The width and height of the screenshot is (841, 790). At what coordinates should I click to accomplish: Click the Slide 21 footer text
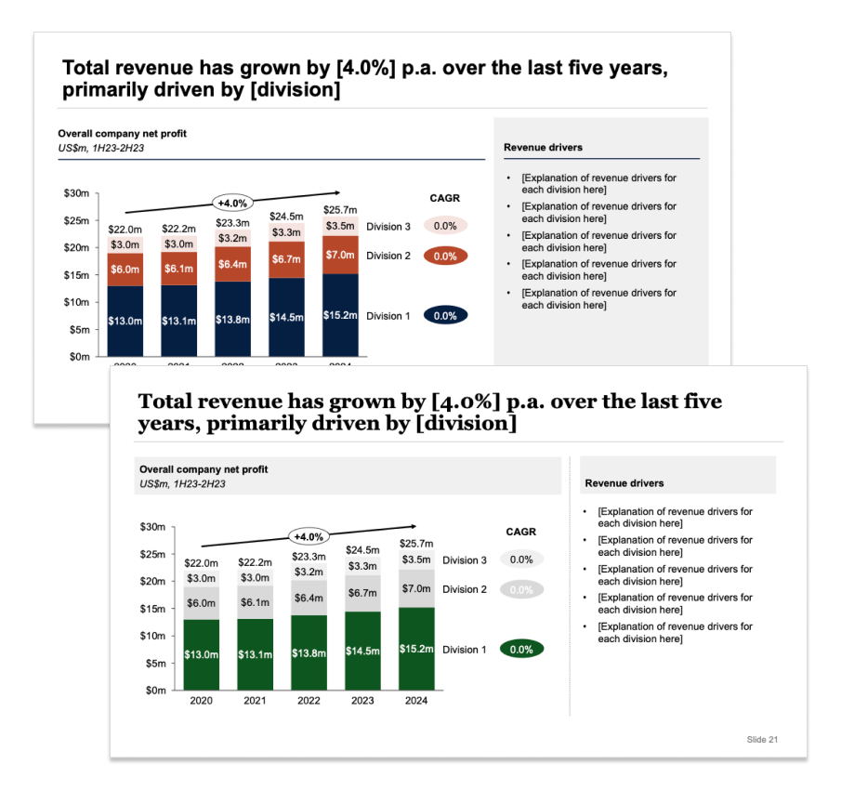(762, 739)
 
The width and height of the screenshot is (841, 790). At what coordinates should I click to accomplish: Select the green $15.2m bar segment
(416, 649)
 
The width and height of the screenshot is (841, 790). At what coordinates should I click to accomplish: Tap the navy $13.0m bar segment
(125, 321)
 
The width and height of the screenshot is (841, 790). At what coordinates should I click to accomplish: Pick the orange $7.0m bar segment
(340, 255)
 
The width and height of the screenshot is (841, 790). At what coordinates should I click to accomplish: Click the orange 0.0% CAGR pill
(445, 256)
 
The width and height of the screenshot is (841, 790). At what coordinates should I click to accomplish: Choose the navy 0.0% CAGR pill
(445, 316)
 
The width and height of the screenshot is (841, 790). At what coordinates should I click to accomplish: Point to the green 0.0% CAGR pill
(521, 650)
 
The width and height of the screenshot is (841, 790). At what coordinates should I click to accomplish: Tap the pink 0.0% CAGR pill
(445, 226)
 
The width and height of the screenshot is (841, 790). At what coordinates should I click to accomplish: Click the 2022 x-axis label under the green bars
(309, 701)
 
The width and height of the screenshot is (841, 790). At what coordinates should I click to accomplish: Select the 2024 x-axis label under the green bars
(416, 701)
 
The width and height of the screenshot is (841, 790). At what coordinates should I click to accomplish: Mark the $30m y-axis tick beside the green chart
(151, 527)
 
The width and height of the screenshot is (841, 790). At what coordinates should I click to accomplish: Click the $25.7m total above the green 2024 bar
(416, 544)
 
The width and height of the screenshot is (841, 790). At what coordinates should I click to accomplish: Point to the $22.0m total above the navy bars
(125, 230)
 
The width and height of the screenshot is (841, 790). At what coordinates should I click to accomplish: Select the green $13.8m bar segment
(309, 653)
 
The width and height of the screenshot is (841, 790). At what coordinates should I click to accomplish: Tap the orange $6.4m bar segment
(232, 264)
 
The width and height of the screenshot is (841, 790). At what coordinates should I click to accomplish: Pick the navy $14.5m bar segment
(286, 318)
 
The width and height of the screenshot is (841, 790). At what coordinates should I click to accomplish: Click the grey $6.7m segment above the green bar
(362, 593)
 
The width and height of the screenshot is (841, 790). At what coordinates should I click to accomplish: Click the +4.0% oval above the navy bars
(232, 203)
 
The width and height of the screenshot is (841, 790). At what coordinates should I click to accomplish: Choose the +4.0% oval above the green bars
(309, 536)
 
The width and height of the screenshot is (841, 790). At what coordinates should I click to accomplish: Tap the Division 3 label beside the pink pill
(388, 227)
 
